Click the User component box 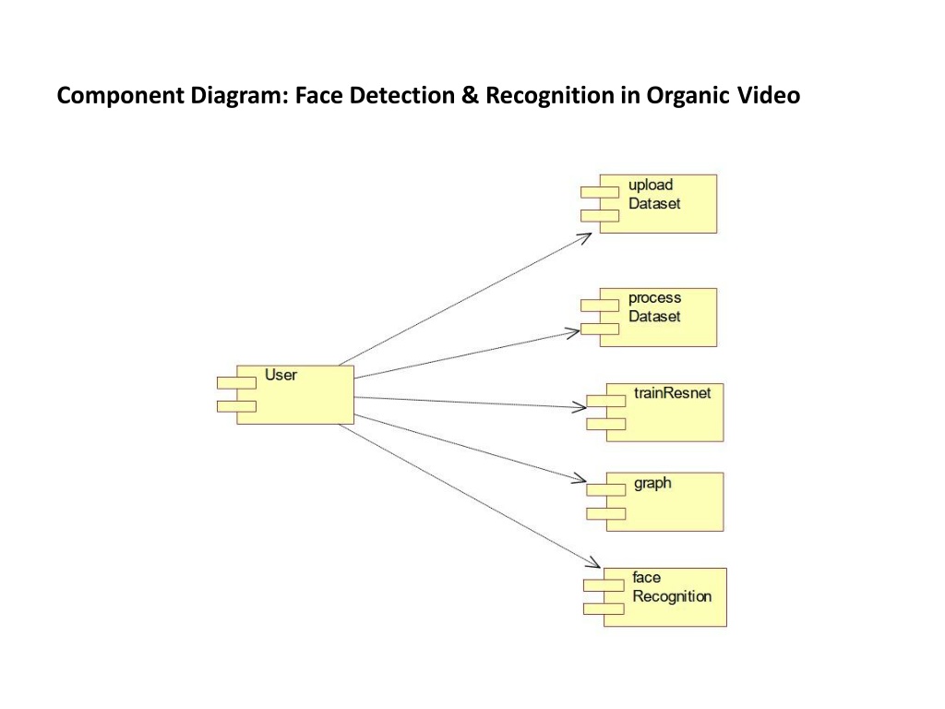click(295, 395)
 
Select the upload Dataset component click(657, 203)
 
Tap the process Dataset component click(657, 317)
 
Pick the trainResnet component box click(664, 412)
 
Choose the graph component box click(664, 501)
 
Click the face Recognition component click(665, 597)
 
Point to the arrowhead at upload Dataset click(585, 236)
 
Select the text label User click(281, 375)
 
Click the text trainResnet click(673, 393)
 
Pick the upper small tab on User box click(236, 382)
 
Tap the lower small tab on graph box click(604, 512)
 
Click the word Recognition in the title click(552, 96)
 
